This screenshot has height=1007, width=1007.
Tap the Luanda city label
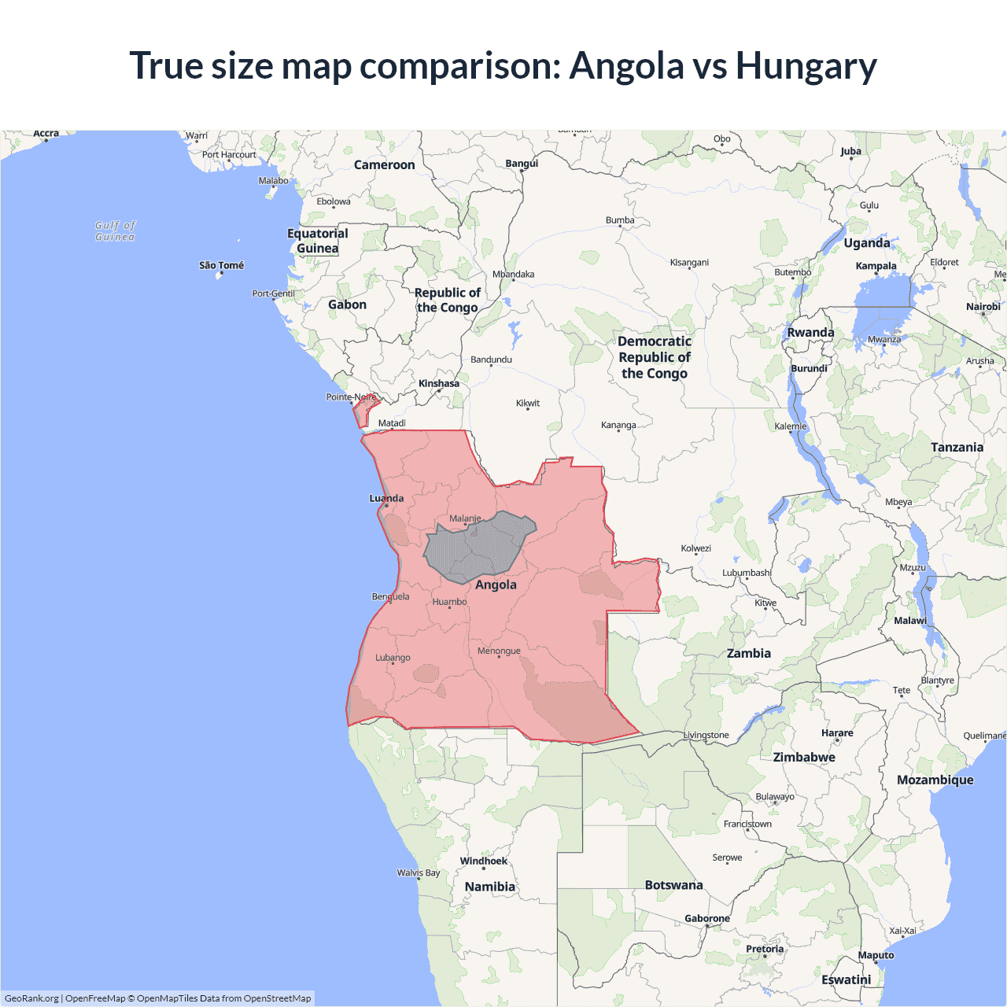pyautogui.click(x=386, y=498)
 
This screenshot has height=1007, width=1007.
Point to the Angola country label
pyautogui.click(x=496, y=585)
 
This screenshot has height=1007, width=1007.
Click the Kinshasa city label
pyautogui.click(x=438, y=384)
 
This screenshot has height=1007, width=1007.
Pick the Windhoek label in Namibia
pyautogui.click(x=483, y=861)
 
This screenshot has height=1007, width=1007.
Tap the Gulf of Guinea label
pyautogui.click(x=115, y=231)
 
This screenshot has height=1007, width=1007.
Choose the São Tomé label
pyautogui.click(x=221, y=265)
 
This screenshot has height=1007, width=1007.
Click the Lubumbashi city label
pyautogui.click(x=746, y=573)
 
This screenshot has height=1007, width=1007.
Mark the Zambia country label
pyautogui.click(x=748, y=653)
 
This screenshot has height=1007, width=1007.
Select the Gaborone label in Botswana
pyautogui.click(x=706, y=918)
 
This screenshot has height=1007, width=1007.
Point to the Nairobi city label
pyautogui.click(x=983, y=307)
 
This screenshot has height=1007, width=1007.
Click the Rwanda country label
pyautogui.click(x=810, y=332)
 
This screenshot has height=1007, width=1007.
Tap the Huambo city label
pyautogui.click(x=449, y=602)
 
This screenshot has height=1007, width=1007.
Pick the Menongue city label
pyautogui.click(x=499, y=651)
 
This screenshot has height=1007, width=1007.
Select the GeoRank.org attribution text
pyautogui.click(x=31, y=998)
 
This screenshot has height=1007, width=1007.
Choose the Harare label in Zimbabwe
pyautogui.click(x=837, y=732)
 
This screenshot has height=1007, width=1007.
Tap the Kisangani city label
pyautogui.click(x=689, y=262)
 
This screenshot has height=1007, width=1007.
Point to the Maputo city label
pyautogui.click(x=876, y=955)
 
